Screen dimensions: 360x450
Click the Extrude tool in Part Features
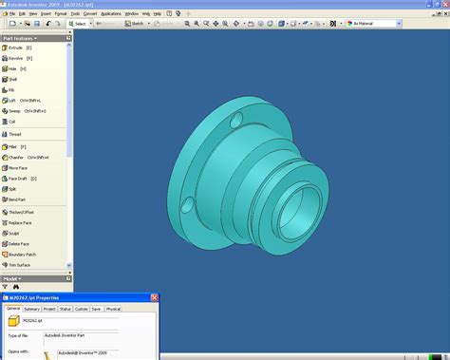[x=16, y=47]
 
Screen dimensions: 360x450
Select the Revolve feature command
[x=16, y=58]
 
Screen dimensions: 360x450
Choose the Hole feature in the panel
[x=12, y=68]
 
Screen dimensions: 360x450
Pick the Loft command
[x=12, y=100]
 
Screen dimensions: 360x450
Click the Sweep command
[x=14, y=110]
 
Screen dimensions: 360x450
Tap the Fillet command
[x=13, y=146]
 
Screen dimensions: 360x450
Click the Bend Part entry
[x=17, y=199]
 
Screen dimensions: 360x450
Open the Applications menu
[x=110, y=14]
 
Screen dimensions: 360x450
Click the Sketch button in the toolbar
[x=136, y=23]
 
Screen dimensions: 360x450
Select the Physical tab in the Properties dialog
[x=113, y=309]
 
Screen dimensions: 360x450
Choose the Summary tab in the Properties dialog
[x=32, y=309]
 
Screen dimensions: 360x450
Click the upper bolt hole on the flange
[x=229, y=123]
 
